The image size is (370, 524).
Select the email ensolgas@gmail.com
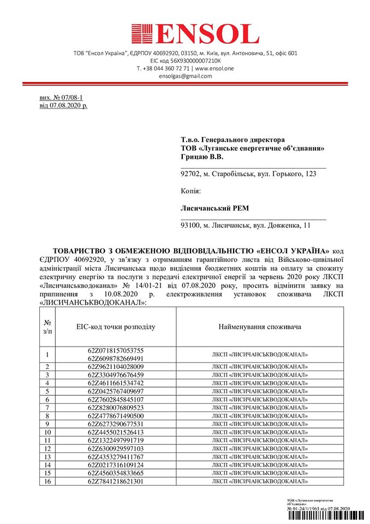pyautogui.click(x=185, y=76)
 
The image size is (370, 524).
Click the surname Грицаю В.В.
pyautogui.click(x=202, y=157)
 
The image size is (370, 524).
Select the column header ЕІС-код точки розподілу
pyautogui.click(x=116, y=326)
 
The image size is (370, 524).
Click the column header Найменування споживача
pyautogui.click(x=260, y=326)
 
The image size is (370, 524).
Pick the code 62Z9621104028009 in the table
pyautogui.click(x=116, y=366)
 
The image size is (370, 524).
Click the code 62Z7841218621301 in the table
pyautogui.click(x=116, y=481)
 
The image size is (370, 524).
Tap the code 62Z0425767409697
pyautogui.click(x=116, y=391)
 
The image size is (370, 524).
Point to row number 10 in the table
pyautogui.click(x=47, y=432)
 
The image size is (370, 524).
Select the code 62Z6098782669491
pyautogui.click(x=116, y=358)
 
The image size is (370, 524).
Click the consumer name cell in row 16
pyautogui.click(x=260, y=481)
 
